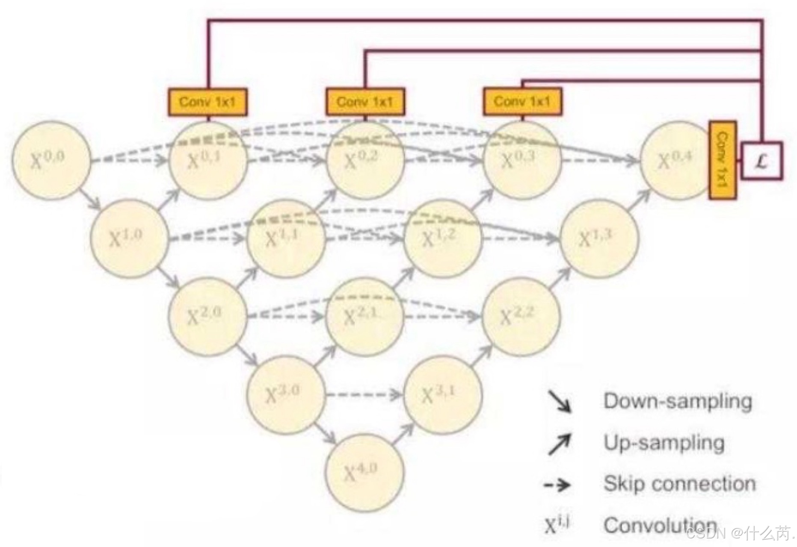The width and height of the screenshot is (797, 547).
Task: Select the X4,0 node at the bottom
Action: [x=364, y=472]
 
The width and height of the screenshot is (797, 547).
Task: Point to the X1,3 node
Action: [x=599, y=238]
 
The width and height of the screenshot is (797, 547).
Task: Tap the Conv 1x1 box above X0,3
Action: [x=522, y=102]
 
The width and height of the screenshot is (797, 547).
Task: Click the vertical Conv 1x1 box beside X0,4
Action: [x=722, y=160]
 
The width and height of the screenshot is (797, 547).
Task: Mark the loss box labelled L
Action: [x=761, y=161]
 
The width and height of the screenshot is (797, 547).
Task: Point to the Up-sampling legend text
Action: [x=664, y=443]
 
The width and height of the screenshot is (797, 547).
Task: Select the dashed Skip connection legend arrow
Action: [x=557, y=485]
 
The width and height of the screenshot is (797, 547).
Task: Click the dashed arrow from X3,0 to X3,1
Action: [x=364, y=394]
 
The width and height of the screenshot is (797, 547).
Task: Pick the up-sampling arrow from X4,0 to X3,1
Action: [x=403, y=434]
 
